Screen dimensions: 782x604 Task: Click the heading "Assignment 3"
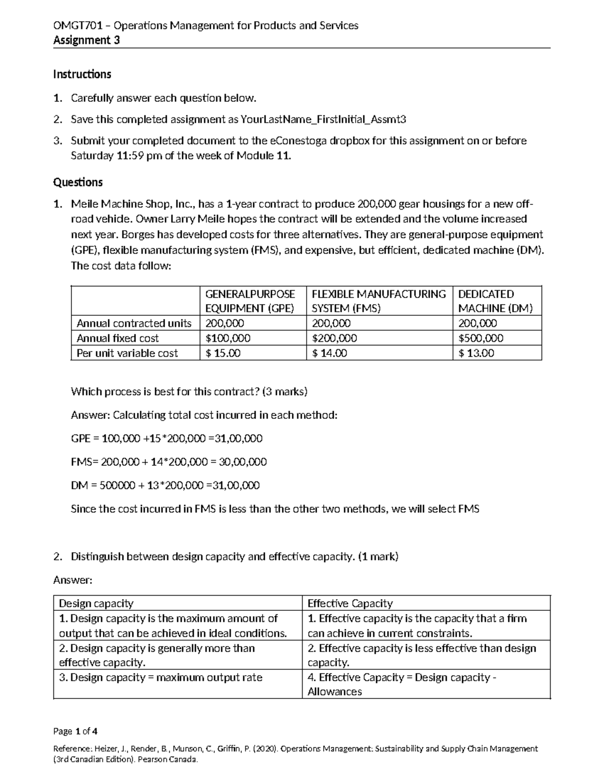coord(87,41)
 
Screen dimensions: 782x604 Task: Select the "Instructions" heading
coord(82,75)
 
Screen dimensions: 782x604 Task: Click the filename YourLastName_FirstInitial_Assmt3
coord(323,119)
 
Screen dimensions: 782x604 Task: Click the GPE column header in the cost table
coord(250,301)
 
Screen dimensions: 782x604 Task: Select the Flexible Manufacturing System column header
coord(379,301)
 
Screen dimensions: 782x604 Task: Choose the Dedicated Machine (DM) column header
coord(495,301)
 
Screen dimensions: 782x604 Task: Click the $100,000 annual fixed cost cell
coord(228,338)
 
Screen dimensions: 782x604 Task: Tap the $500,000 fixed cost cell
coord(481,338)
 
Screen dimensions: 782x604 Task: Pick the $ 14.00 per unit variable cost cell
coord(330,353)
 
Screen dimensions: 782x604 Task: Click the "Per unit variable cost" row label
coord(127,353)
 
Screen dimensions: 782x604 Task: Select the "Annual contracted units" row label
coord(134,323)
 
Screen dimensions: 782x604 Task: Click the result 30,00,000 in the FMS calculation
coord(244,462)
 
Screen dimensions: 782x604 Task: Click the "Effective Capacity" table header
coord(350,603)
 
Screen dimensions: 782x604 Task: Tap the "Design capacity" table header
coord(96,603)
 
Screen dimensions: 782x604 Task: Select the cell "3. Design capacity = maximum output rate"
coord(161,677)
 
